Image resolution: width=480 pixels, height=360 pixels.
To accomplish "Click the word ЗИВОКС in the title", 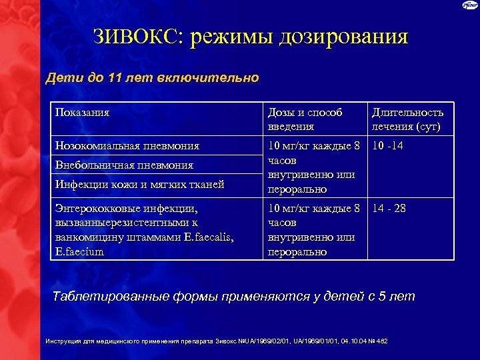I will (x=137, y=37).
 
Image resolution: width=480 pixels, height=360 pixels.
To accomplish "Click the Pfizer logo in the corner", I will (x=469, y=5).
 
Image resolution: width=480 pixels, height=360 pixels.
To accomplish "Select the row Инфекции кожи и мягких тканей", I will (x=140, y=184).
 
